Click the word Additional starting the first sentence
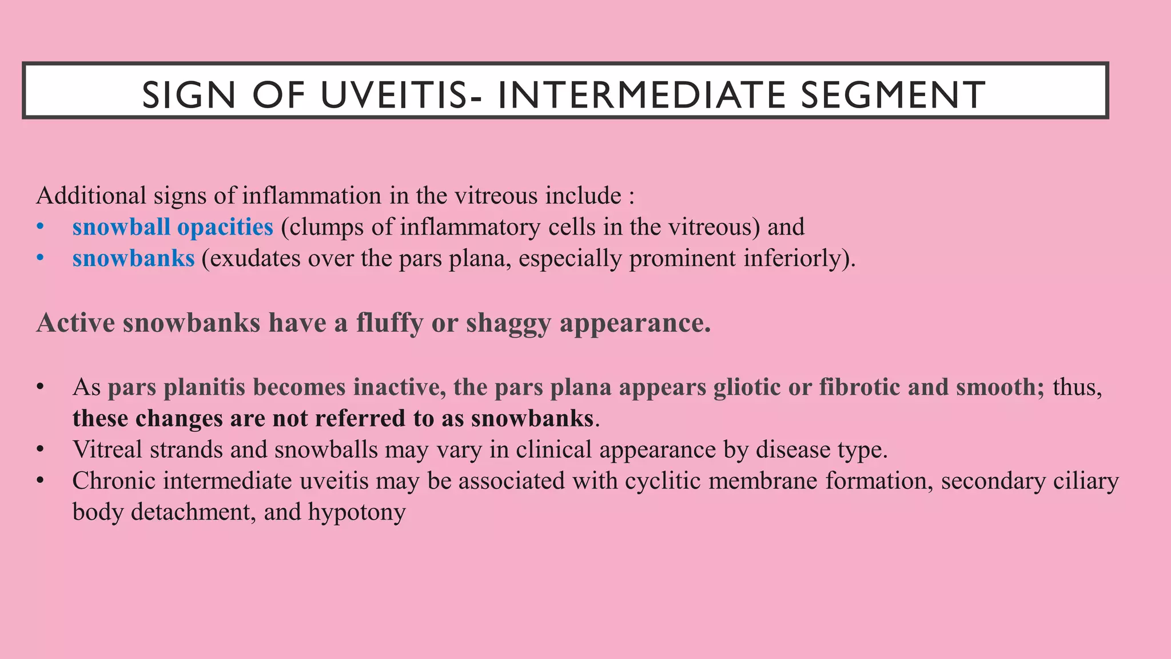click(91, 196)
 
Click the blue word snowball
click(121, 227)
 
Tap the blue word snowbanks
click(133, 259)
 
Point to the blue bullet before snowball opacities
click(40, 227)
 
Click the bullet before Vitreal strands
click(40, 450)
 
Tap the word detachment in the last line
click(192, 512)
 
